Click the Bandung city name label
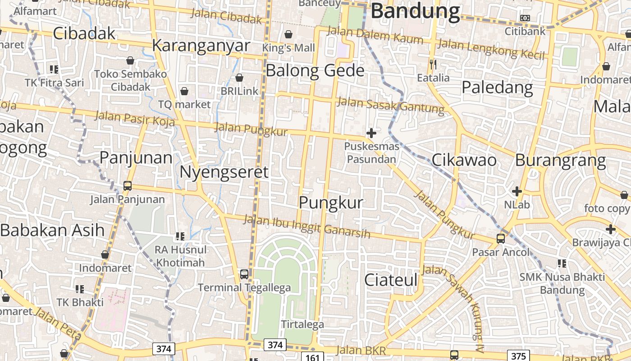click(x=415, y=11)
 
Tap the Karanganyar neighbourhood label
click(x=201, y=46)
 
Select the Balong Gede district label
click(x=315, y=71)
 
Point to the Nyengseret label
click(x=224, y=172)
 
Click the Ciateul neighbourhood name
click(x=391, y=280)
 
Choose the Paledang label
click(x=497, y=87)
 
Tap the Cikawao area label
click(x=464, y=160)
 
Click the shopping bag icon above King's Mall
click(x=288, y=34)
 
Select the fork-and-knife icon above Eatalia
click(x=433, y=65)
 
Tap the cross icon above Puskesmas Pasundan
click(x=371, y=133)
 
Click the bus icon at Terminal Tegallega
click(x=244, y=274)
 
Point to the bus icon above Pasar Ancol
click(x=501, y=238)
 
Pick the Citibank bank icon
click(x=525, y=18)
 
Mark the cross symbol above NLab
click(x=517, y=191)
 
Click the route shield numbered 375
click(x=518, y=356)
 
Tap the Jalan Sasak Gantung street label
click(x=391, y=105)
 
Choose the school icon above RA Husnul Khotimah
click(x=180, y=236)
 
